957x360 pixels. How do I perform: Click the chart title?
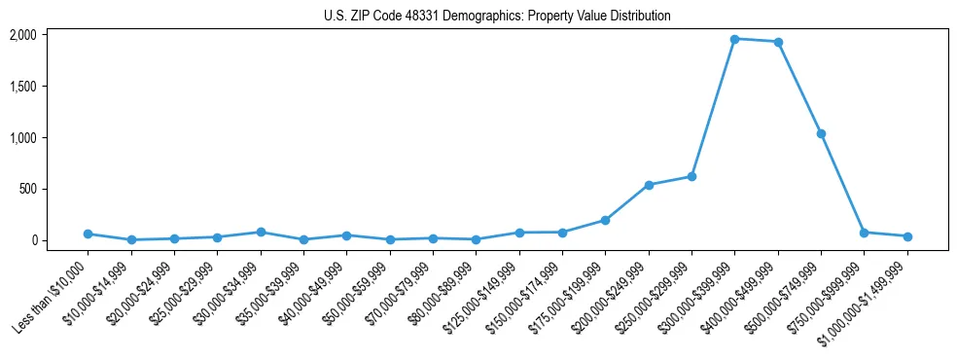pyautogui.click(x=497, y=17)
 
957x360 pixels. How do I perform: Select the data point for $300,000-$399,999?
pyautogui.click(x=734, y=39)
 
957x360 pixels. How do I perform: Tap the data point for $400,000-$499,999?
pyautogui.click(x=778, y=42)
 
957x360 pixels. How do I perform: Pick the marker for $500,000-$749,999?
pyautogui.click(x=821, y=133)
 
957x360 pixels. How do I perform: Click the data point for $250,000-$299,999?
pyautogui.click(x=691, y=176)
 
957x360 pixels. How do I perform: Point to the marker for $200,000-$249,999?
pyautogui.click(x=649, y=185)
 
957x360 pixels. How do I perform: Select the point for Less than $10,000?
pyautogui.click(x=88, y=234)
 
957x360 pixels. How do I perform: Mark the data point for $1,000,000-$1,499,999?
pyautogui.click(x=907, y=236)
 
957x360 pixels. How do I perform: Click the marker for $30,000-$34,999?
pyautogui.click(x=261, y=232)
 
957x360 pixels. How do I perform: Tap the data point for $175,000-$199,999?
pyautogui.click(x=605, y=220)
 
